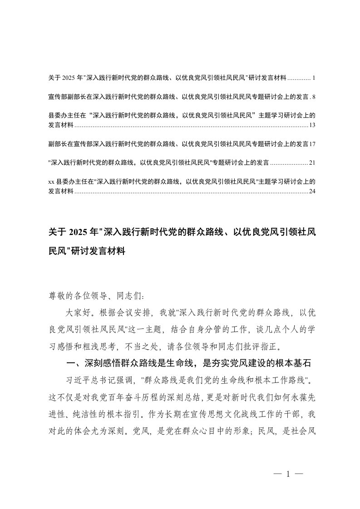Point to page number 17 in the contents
coord(312,144)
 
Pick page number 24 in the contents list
coord(312,191)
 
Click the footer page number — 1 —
coord(288,475)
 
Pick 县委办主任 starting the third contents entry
coord(61,116)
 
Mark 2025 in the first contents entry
coord(70,78)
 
